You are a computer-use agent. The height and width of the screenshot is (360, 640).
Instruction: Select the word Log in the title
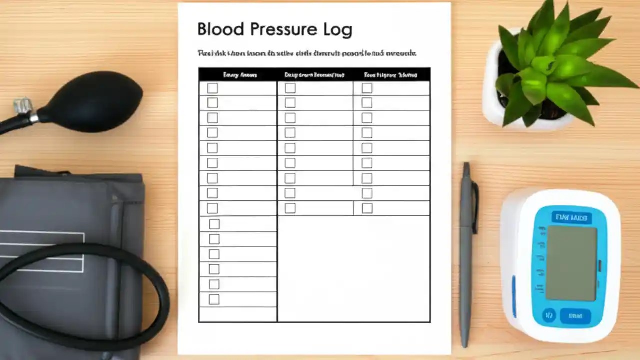click(338, 30)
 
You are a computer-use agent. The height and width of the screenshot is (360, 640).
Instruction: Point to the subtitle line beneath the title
click(307, 53)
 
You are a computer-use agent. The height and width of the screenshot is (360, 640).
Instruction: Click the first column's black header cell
click(238, 75)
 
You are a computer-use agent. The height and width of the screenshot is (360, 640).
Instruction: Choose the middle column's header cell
click(315, 75)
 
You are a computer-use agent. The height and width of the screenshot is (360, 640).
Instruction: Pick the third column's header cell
click(391, 75)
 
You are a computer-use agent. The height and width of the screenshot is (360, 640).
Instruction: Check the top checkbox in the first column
click(213, 88)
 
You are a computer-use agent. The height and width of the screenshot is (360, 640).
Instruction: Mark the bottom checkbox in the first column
click(214, 299)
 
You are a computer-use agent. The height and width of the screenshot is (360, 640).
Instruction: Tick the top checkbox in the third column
click(367, 88)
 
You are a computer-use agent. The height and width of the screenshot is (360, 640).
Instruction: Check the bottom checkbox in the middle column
click(290, 208)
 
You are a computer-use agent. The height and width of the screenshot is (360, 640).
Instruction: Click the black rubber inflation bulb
click(95, 102)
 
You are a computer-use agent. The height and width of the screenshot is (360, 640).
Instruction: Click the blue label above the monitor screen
click(571, 218)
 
